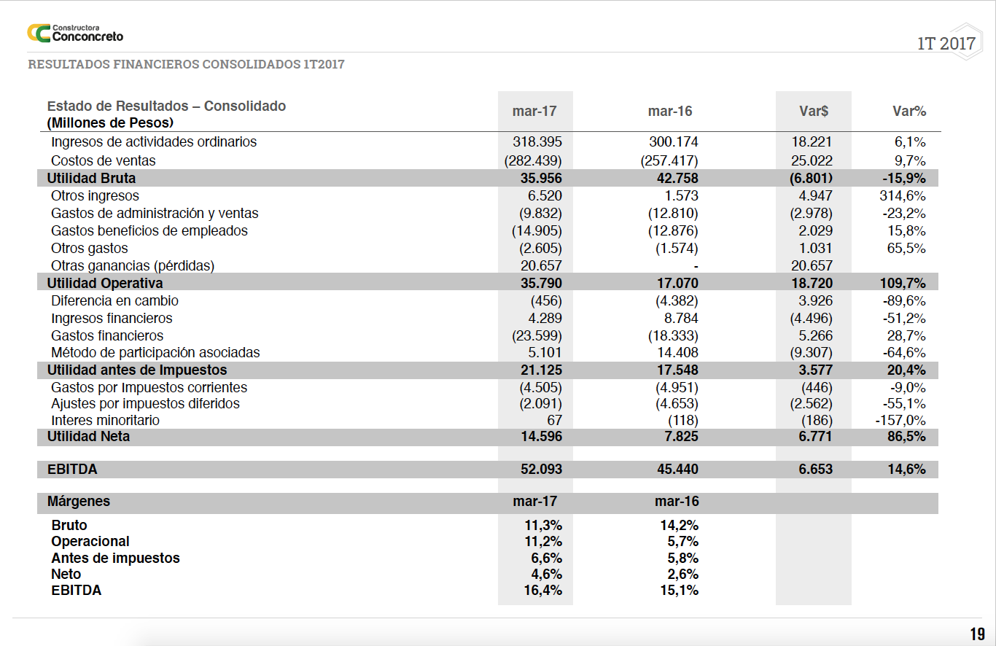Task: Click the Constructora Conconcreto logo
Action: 75,33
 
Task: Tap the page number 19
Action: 976,634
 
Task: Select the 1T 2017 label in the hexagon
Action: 946,44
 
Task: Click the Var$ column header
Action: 813,112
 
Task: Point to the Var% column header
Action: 909,112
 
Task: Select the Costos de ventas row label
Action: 103,160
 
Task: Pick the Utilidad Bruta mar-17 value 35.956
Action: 541,178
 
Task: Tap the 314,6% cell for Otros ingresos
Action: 903,195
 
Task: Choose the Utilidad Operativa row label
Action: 105,283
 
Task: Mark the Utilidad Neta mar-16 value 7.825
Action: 677,437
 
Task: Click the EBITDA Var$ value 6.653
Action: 815,470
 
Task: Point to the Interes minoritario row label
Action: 105,421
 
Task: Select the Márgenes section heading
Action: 79,502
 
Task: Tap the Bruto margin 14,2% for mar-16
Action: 679,525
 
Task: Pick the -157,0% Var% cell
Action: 900,421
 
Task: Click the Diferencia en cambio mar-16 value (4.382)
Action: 673,300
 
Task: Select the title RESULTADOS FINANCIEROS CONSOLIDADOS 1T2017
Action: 186,64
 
